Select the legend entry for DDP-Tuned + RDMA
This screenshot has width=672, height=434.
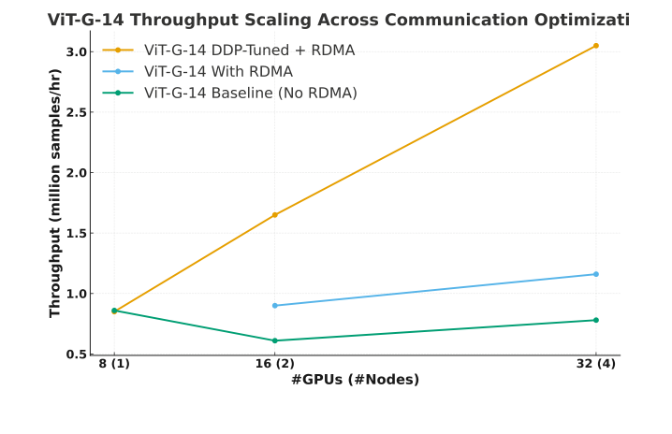(x=249, y=50)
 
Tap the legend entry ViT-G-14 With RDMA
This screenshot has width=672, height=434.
(x=218, y=71)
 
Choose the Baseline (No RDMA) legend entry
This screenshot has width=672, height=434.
(x=250, y=93)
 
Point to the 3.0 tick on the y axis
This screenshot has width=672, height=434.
(x=76, y=52)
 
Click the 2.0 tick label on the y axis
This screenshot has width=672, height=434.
(x=76, y=173)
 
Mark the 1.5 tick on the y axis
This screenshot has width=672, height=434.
(x=76, y=234)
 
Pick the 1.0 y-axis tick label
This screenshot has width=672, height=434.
(x=76, y=294)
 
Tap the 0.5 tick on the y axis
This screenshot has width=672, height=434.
(x=76, y=354)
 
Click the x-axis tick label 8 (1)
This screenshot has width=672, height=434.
(x=114, y=365)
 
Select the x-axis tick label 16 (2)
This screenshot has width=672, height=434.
(x=274, y=365)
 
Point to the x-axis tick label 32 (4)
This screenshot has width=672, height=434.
(x=595, y=365)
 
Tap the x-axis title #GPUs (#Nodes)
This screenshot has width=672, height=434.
(x=355, y=380)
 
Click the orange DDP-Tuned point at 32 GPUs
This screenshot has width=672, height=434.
(x=595, y=46)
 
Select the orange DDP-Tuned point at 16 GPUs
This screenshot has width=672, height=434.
(x=274, y=215)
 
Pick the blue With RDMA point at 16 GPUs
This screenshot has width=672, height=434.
(x=274, y=306)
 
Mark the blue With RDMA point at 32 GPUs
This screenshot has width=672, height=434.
(x=595, y=274)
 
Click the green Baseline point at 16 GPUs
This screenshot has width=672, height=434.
(x=274, y=340)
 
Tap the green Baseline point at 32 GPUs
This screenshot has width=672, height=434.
(x=595, y=320)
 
